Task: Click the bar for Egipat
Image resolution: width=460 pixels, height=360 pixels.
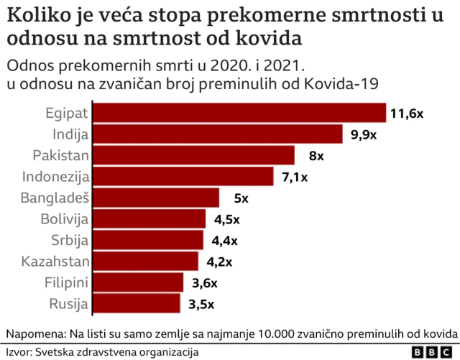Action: point(240,114)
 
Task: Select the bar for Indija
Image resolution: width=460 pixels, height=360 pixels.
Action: point(218,134)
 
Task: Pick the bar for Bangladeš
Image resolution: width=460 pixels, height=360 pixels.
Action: point(157,198)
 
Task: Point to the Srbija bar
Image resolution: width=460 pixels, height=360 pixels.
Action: point(148,240)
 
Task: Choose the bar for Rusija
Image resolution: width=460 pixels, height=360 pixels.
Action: point(137,303)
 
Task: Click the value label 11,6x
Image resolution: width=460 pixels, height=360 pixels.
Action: point(407,114)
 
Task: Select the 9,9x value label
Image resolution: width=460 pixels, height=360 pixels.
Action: point(364,134)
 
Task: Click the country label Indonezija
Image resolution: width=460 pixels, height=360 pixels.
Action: point(55,177)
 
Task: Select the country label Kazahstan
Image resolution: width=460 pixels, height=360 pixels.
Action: point(56,261)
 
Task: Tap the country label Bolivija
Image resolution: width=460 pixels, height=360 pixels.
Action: point(65,219)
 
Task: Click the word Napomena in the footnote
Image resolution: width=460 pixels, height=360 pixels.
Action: point(35,334)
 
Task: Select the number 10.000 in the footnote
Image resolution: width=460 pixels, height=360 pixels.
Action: point(278,334)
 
